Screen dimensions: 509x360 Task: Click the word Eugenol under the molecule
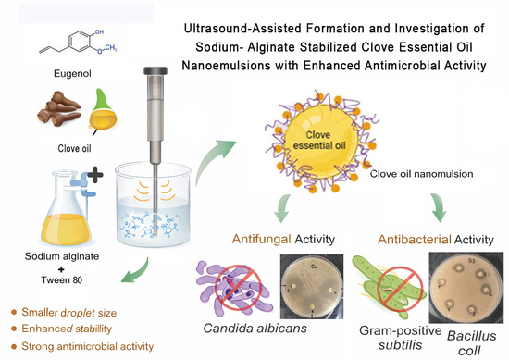click(72, 74)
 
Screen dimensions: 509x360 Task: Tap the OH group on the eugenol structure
click(99, 31)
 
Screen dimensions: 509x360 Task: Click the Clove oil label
click(74, 148)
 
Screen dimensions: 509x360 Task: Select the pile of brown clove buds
click(58, 108)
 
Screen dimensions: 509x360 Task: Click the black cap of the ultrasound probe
click(155, 70)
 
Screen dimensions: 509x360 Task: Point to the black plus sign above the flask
click(95, 175)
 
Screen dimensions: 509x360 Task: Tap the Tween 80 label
click(62, 279)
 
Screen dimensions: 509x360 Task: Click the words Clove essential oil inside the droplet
click(319, 141)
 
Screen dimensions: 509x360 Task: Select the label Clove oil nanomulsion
click(421, 174)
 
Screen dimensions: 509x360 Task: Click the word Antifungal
click(261, 240)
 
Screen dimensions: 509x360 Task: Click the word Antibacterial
click(415, 240)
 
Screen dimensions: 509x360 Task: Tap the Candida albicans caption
click(254, 329)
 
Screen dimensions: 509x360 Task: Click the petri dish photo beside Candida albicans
click(312, 287)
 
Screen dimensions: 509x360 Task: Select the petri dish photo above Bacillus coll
click(466, 287)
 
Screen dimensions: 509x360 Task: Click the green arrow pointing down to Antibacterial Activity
click(440, 207)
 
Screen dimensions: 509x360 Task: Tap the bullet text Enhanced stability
click(67, 329)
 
